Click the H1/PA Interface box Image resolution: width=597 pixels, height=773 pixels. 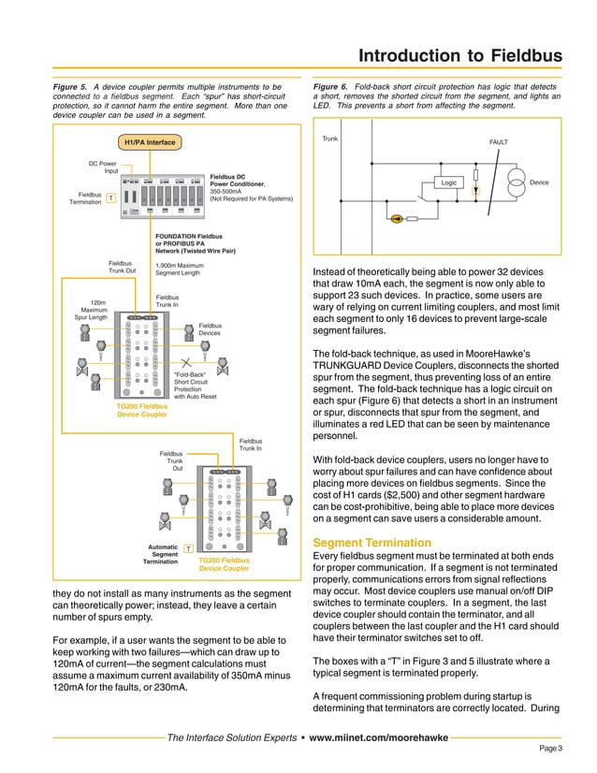(151, 142)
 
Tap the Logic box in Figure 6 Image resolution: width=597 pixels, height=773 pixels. (449, 182)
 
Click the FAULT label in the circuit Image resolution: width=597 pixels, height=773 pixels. (499, 142)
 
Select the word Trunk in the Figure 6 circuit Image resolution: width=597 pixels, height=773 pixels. (329, 139)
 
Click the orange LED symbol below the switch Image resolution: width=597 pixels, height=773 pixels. (399, 219)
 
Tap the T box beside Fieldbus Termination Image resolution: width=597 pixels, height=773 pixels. (110, 198)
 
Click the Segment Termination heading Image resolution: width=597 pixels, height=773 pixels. (371, 543)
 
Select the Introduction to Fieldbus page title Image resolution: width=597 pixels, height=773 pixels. (460, 56)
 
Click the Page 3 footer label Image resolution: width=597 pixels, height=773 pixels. (550, 749)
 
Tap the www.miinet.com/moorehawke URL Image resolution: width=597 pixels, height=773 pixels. (379, 737)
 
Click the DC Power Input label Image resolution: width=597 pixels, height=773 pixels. (103, 168)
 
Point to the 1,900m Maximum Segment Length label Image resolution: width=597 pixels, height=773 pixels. (178, 269)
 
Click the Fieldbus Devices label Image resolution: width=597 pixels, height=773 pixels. (210, 329)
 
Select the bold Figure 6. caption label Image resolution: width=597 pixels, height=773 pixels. (331, 86)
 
